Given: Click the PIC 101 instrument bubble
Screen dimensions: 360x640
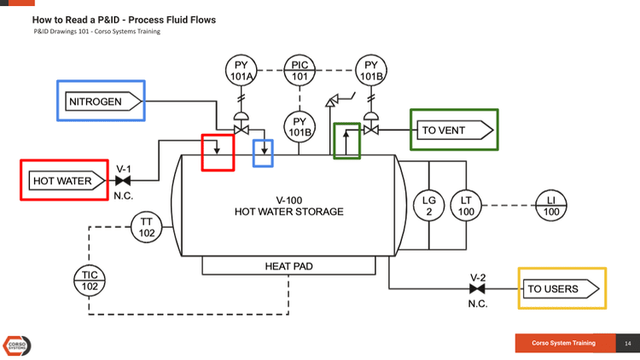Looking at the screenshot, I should point(300,71).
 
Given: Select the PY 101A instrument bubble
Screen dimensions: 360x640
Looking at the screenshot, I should point(241,71).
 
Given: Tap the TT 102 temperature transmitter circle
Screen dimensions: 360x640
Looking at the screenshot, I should point(147,227).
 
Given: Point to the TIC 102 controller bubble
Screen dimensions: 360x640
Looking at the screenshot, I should point(89,281).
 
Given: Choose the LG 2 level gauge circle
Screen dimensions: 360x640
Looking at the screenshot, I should point(429,206).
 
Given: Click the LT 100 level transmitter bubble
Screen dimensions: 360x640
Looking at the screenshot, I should point(466,206).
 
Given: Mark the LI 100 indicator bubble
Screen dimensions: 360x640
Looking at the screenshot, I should point(550,206).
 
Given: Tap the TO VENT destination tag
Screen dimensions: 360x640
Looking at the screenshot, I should point(455,131).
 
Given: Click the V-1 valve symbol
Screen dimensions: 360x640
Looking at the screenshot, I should point(123,181).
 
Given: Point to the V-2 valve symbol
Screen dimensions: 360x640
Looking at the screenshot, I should point(477,289).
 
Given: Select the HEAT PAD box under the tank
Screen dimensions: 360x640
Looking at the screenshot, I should point(288,267).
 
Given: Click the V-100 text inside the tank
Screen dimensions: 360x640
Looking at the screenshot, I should point(288,200).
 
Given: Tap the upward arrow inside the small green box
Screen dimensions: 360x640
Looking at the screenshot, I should point(346,142).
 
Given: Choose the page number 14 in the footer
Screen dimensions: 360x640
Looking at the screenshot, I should point(627,343).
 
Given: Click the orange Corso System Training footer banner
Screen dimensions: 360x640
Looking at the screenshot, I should point(563,343).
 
